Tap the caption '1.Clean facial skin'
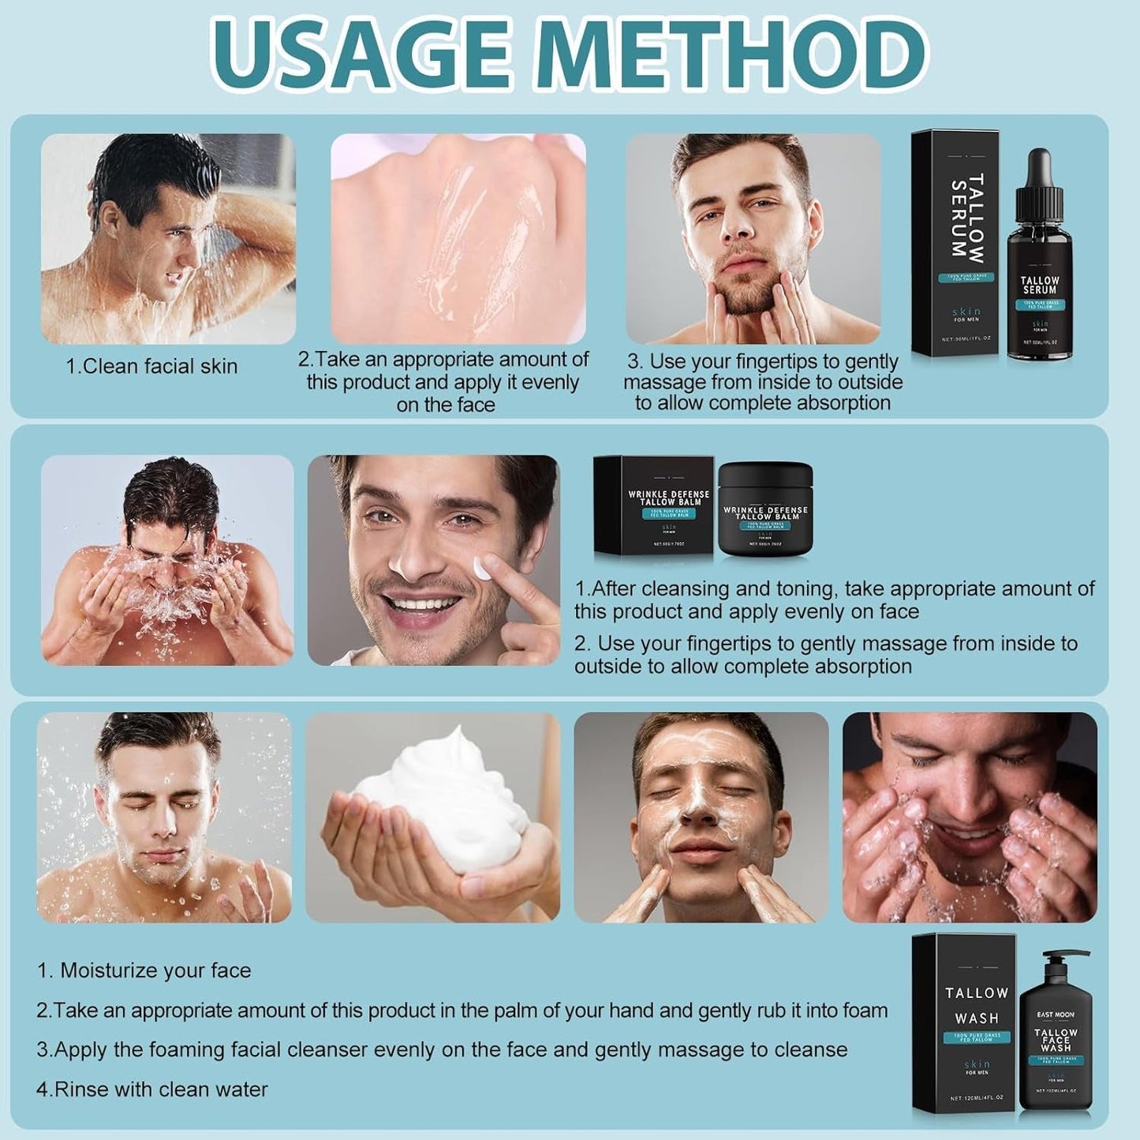151,366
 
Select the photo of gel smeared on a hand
458,238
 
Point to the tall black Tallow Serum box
957,245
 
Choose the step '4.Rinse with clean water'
152,1090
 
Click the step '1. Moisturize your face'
144,970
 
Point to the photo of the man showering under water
168,238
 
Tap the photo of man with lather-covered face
701,817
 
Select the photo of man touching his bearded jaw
753,238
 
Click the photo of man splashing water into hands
167,560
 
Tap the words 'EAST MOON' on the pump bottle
1055,1015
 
